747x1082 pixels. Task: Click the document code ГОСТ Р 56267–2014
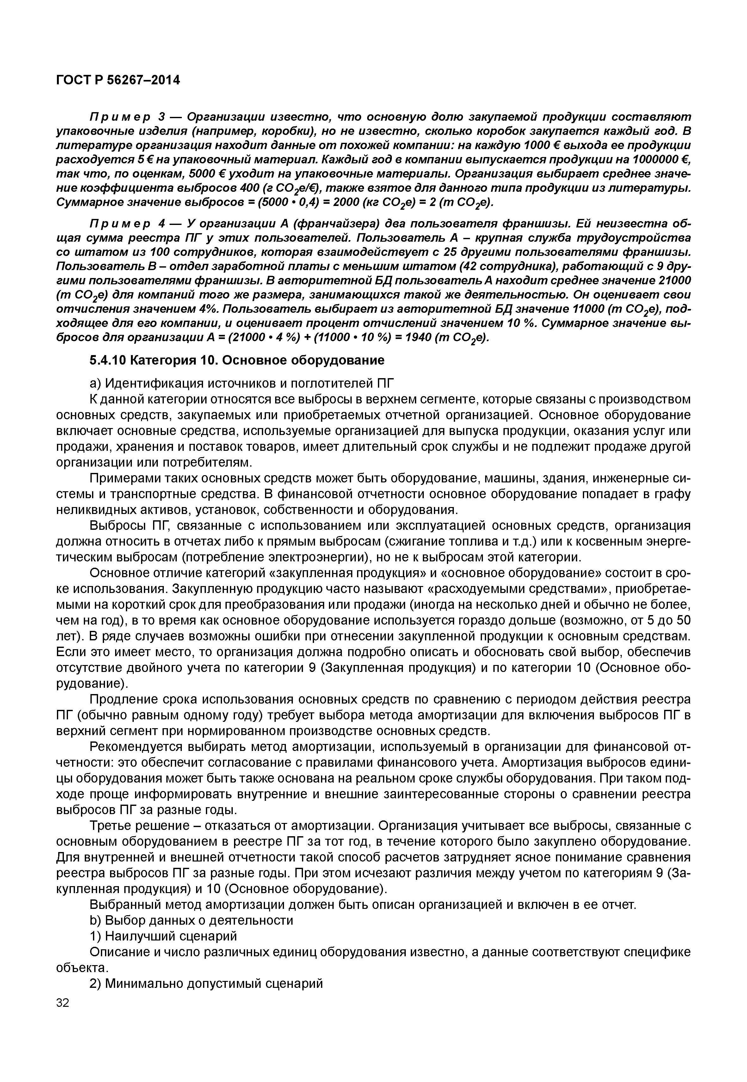click(118, 81)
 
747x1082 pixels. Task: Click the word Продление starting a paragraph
click(121, 699)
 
